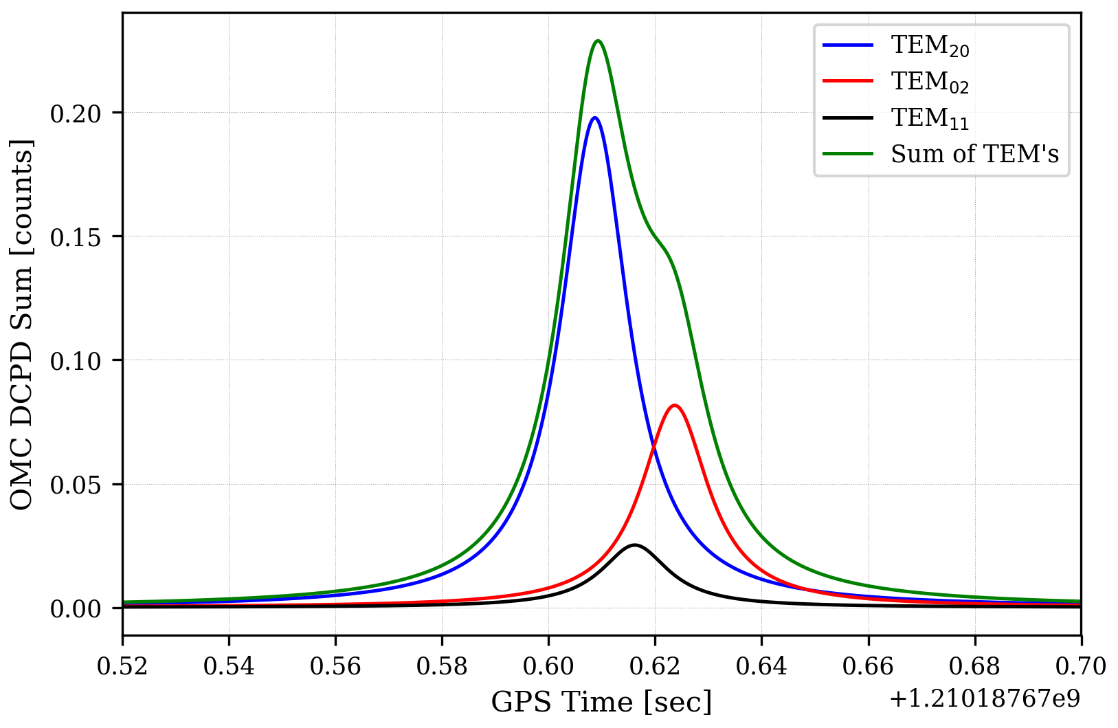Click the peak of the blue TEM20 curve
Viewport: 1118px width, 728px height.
(595, 118)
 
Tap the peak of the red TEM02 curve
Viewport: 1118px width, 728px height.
(675, 405)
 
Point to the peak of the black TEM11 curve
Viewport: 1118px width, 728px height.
(634, 545)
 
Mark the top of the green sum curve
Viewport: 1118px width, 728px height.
(598, 41)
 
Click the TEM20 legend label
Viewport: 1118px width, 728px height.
(930, 45)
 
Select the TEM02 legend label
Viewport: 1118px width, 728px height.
(930, 82)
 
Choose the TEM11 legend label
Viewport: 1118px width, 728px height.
(930, 118)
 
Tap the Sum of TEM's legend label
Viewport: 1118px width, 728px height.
(974, 154)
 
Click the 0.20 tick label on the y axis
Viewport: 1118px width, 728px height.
(76, 113)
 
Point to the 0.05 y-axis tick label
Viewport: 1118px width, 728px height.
(76, 485)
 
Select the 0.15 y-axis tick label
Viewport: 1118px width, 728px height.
(76, 236)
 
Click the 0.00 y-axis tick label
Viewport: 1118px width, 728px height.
(76, 608)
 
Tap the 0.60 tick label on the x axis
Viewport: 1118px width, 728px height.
(548, 666)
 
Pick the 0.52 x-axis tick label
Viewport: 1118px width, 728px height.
(122, 666)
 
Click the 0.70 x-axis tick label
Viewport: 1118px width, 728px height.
(1081, 666)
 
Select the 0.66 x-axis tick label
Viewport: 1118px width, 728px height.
(868, 666)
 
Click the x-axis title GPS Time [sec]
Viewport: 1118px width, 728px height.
(601, 703)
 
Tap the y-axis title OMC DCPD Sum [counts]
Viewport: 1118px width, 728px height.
(22, 324)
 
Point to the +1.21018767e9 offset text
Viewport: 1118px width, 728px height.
(984, 699)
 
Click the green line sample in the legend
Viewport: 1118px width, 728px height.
(848, 154)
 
